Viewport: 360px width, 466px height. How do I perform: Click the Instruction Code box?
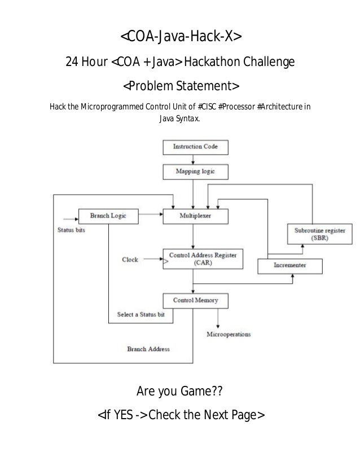195,148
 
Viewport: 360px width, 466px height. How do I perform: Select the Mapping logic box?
195,171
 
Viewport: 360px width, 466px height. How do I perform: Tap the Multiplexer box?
195,215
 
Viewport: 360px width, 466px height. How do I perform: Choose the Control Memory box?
195,300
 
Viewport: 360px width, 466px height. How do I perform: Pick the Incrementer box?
290,265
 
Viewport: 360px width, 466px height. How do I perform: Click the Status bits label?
72,230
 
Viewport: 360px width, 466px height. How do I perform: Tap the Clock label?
130,260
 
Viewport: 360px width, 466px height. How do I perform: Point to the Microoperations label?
229,334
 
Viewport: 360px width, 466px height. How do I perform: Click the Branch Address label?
148,349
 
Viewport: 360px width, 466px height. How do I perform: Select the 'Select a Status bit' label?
141,314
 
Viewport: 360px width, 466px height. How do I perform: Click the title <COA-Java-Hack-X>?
180,37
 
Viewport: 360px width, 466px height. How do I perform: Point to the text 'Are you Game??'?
180,390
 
